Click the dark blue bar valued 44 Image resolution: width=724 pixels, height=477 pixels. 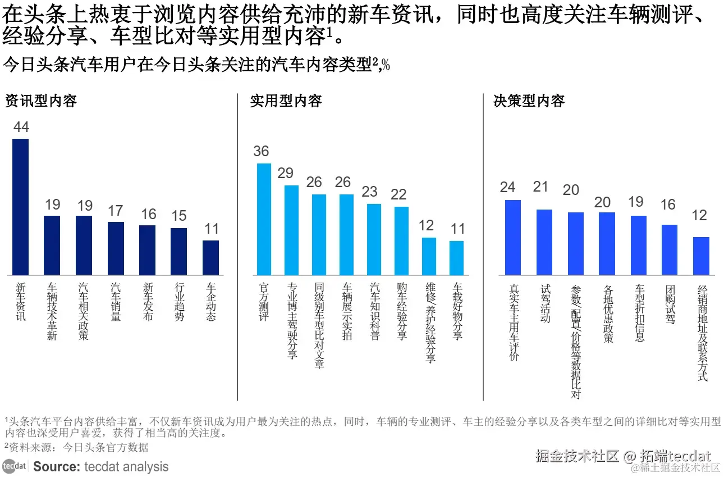[x=20, y=206]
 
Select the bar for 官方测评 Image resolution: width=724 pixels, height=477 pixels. [x=264, y=219]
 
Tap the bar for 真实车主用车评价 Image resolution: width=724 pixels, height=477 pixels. [x=512, y=237]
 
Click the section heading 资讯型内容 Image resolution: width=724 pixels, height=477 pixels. [x=40, y=101]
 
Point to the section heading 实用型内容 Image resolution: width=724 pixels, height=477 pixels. [x=286, y=101]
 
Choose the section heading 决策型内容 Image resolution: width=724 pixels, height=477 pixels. [x=529, y=101]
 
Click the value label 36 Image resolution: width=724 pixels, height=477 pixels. [x=261, y=151]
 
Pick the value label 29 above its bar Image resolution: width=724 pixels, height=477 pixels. [x=285, y=173]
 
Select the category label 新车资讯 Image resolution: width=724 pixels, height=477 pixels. [x=21, y=301]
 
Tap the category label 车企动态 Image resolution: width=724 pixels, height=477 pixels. [x=211, y=301]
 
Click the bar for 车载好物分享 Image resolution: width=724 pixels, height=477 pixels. [x=457, y=258]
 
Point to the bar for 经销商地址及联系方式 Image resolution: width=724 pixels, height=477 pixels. [x=701, y=256]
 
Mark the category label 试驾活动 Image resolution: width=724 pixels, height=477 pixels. [x=545, y=303]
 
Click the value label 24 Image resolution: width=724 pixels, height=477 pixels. [x=507, y=187]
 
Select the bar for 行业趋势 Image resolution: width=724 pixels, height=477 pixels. [x=179, y=251]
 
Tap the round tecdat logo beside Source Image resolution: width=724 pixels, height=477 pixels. [x=14, y=466]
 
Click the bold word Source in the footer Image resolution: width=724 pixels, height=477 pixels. [x=56, y=466]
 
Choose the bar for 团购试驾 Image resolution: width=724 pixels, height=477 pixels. [x=670, y=249]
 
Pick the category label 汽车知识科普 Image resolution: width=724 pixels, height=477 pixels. [x=374, y=311]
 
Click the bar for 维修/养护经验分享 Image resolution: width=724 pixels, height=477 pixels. [x=429, y=256]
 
